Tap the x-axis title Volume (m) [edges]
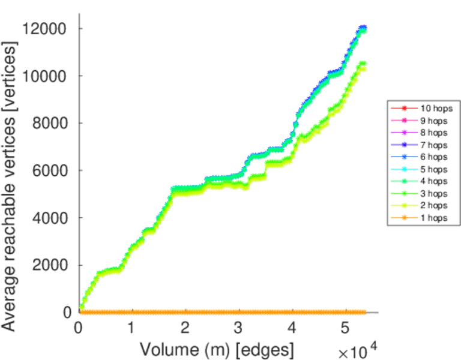217,348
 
